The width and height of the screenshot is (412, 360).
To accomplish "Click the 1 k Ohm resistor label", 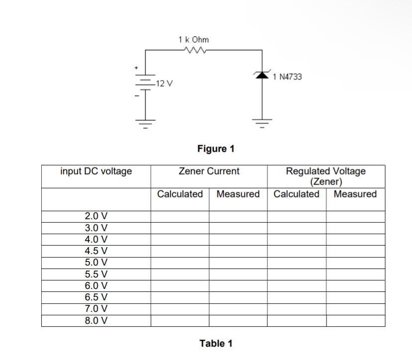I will tap(194, 39).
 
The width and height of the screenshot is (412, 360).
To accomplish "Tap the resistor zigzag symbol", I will tap(194, 50).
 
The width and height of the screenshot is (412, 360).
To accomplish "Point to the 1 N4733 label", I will tap(288, 77).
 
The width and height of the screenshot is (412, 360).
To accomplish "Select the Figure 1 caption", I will tap(215, 148).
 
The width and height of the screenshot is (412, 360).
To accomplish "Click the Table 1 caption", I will tap(215, 343).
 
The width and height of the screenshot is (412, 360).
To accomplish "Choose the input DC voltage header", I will tap(96, 172).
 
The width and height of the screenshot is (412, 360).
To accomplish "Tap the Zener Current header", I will tap(209, 172).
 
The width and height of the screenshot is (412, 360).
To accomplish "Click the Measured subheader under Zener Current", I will tap(238, 194).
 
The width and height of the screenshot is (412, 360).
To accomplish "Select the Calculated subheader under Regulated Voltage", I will tap(297, 194).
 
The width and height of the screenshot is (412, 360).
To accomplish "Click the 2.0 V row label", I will tap(96, 216).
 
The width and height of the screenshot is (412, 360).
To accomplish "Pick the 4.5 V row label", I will tap(96, 251).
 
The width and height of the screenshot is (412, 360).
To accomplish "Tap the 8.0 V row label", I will tap(96, 320).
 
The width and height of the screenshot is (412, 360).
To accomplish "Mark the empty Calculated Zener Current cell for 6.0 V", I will tap(180, 286).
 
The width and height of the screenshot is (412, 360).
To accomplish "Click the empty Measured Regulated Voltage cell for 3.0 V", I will tap(355, 228).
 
